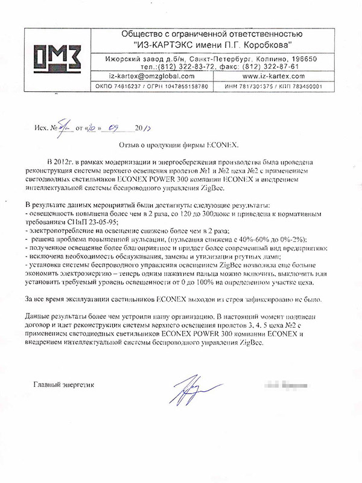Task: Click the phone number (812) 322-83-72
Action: coord(194,66)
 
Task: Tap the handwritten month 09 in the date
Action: coord(113,128)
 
